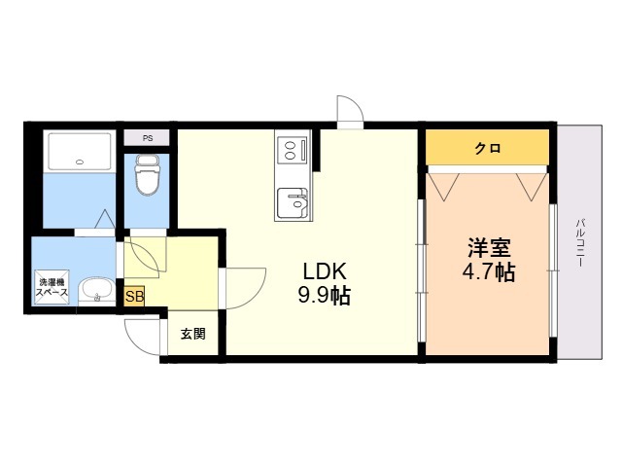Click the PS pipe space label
click(x=148, y=138)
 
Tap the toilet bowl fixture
click(x=147, y=175)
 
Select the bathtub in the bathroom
click(x=80, y=152)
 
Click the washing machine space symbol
click(x=52, y=287)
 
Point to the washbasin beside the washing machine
click(x=96, y=292)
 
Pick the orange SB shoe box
click(x=134, y=296)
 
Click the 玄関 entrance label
click(x=193, y=334)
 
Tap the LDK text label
click(x=325, y=271)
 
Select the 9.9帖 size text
click(x=324, y=296)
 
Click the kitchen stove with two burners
click(x=293, y=149)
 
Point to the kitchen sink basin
click(x=293, y=203)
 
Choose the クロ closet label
click(x=488, y=149)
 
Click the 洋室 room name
click(x=489, y=247)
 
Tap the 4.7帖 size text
click(x=489, y=272)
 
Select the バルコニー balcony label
click(x=580, y=242)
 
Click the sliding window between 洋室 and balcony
click(x=553, y=270)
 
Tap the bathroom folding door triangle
click(x=105, y=218)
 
